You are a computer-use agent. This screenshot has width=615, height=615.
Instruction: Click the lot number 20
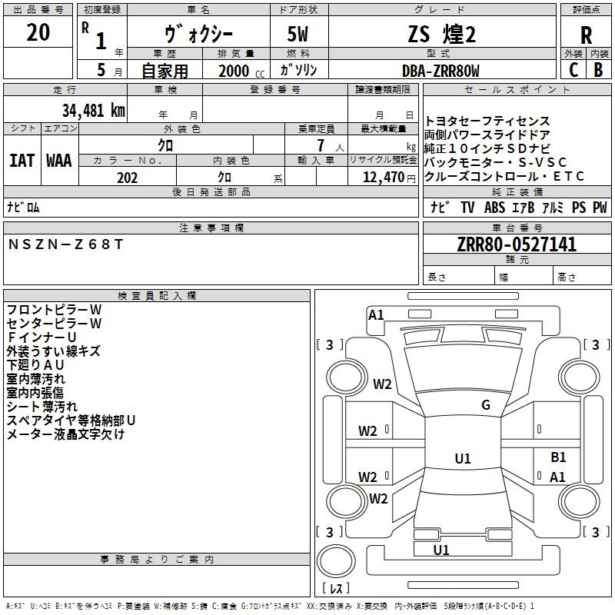click(38, 32)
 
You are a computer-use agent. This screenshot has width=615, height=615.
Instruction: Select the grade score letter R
click(586, 35)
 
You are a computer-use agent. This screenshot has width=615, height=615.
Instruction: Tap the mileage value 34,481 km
click(93, 111)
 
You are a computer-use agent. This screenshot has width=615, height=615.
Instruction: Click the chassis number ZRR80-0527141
click(517, 244)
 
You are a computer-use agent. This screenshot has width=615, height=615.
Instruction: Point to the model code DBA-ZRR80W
click(440, 71)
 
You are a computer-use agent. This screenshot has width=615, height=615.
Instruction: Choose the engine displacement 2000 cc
click(241, 71)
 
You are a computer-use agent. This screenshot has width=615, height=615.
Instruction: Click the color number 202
click(127, 178)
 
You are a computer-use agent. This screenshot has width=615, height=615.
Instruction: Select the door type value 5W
click(298, 34)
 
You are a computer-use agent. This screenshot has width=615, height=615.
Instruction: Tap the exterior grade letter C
click(573, 70)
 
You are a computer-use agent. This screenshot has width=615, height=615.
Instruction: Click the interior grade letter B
click(598, 70)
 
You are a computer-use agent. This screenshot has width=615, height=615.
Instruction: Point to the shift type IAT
click(22, 161)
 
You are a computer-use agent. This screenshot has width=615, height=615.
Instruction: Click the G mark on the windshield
click(486, 405)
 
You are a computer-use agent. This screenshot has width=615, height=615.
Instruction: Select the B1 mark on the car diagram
click(558, 457)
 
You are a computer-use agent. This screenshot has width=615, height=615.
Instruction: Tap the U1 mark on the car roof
click(463, 458)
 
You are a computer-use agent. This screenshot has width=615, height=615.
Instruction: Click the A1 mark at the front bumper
click(376, 315)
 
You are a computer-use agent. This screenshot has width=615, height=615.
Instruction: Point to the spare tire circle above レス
click(336, 560)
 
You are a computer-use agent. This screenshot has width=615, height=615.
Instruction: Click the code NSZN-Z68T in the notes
click(65, 244)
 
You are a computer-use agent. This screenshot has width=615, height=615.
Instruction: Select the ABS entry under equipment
click(494, 208)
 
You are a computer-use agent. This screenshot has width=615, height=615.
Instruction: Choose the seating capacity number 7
click(321, 145)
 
